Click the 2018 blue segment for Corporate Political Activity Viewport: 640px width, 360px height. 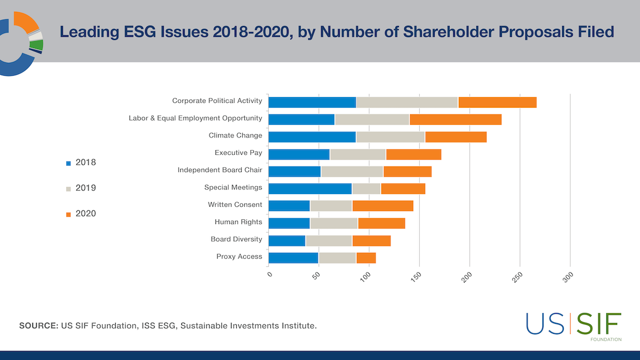tap(312, 102)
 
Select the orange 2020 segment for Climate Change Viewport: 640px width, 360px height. tap(455, 137)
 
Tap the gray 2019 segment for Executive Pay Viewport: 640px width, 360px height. tap(357, 154)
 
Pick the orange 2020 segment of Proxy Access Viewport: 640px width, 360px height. tap(366, 258)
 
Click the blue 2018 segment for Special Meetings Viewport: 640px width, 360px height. tap(310, 188)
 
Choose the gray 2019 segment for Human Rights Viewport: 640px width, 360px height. tap(334, 223)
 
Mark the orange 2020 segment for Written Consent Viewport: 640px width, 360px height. tap(382, 206)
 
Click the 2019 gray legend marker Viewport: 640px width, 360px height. tap(68, 189)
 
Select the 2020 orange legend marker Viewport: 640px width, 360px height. tap(68, 214)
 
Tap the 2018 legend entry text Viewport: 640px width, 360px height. tap(86, 162)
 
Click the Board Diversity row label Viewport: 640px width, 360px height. tap(236, 239)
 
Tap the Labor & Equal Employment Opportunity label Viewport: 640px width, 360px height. tap(195, 118)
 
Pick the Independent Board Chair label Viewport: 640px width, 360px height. tap(220, 170)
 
